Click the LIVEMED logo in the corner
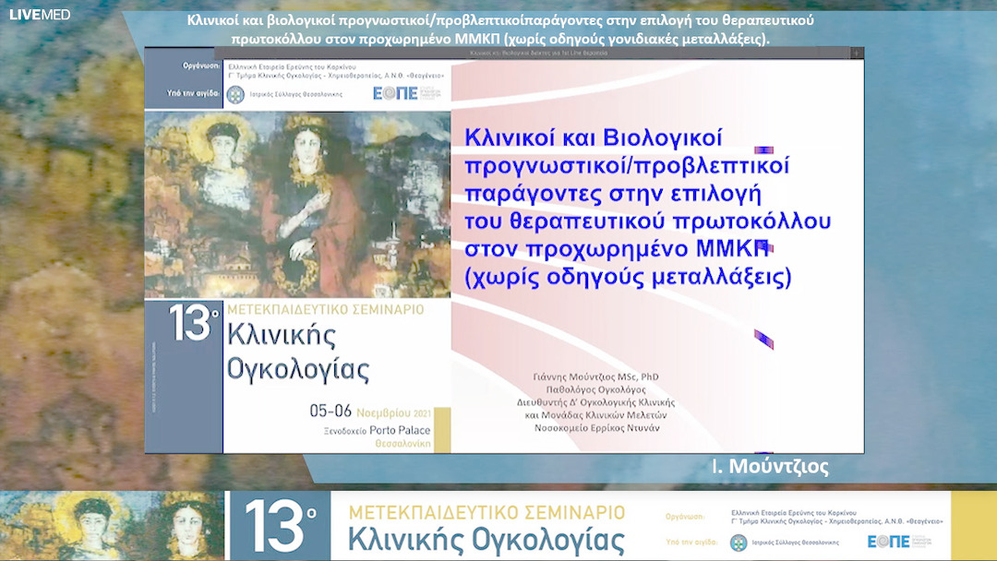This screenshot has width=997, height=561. tap(40, 15)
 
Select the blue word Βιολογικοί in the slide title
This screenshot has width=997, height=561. tap(660, 138)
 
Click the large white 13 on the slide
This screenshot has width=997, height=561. tap(190, 324)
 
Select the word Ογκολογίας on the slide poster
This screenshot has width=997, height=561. tap(298, 369)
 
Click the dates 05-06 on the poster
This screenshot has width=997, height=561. tap(331, 412)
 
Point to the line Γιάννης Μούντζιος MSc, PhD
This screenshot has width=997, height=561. tap(596, 376)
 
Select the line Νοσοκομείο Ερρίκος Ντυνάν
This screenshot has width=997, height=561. tap(596, 428)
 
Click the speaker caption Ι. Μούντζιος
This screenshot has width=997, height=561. tap(770, 467)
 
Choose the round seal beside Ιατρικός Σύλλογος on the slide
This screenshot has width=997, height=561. tap(233, 94)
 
